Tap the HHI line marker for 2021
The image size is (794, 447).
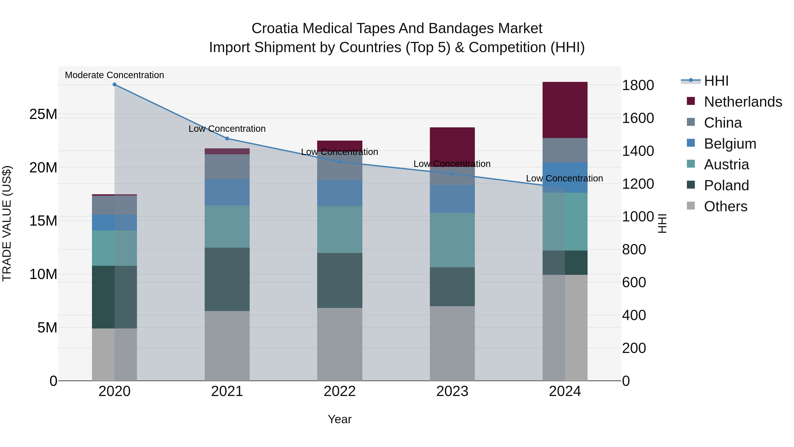[x=227, y=138]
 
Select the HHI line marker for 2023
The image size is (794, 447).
[x=452, y=174]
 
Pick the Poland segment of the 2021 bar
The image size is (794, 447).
[x=227, y=279]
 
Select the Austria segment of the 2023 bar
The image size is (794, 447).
[x=452, y=240]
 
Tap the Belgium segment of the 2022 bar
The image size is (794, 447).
[x=340, y=193]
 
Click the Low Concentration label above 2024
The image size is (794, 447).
[x=564, y=179]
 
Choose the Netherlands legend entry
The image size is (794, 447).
[x=743, y=102]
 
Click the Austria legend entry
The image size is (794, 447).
[x=726, y=164]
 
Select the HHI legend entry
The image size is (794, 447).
[x=716, y=81]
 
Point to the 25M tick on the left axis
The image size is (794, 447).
[x=43, y=114]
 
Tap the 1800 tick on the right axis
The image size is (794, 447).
[x=638, y=85]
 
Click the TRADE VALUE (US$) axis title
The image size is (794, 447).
[x=7, y=223]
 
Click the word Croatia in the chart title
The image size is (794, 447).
[x=275, y=29]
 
